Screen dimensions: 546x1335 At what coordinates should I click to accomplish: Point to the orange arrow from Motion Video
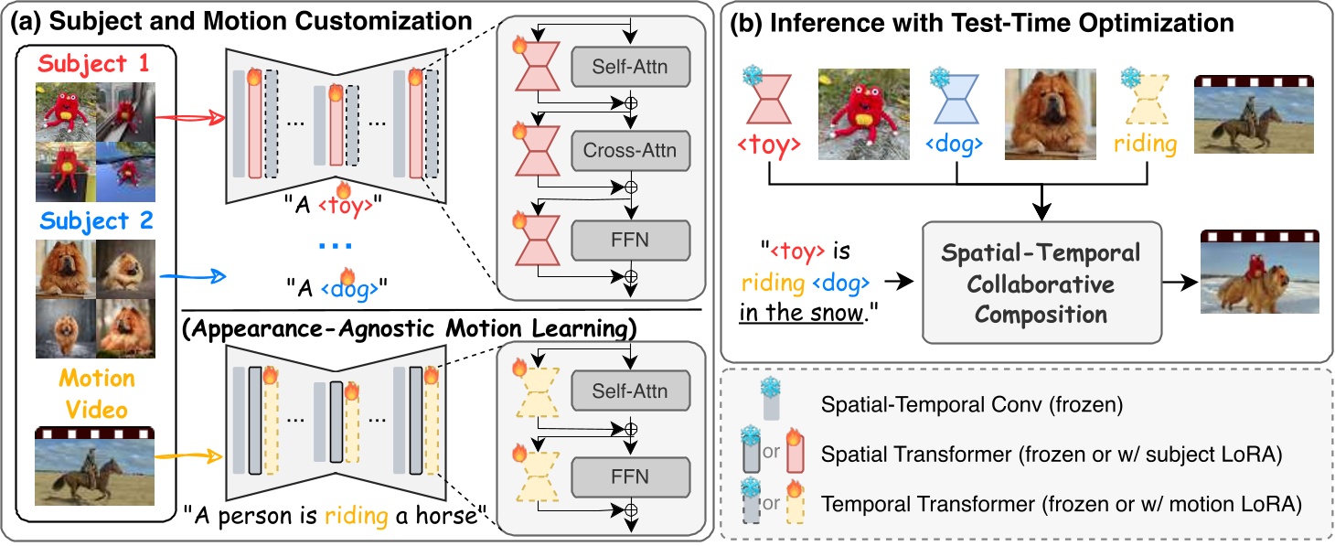click(x=187, y=454)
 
